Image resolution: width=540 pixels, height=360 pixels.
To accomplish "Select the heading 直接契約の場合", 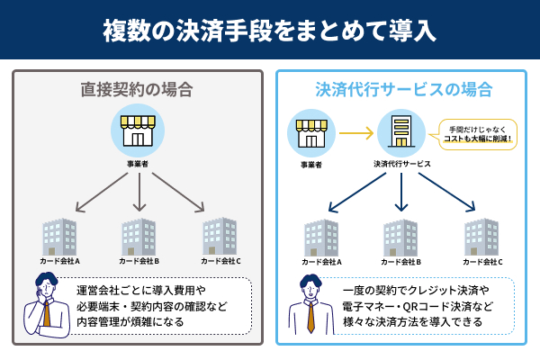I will [x=138, y=90].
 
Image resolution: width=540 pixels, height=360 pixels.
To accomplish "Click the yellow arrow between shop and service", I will [x=356, y=134].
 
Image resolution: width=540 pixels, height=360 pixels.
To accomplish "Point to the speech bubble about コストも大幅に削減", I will [x=477, y=134].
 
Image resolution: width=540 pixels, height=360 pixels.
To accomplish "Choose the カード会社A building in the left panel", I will [x=60, y=237].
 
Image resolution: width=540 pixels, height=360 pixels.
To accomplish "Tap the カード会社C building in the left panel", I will [x=219, y=237].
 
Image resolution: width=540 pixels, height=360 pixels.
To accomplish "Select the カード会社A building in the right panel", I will [x=321, y=237].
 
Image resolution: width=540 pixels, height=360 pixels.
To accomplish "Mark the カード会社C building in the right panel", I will [x=482, y=237].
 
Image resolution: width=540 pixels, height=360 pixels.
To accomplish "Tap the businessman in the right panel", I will [x=310, y=306].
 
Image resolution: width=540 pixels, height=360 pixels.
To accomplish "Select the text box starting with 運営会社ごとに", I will [x=162, y=305].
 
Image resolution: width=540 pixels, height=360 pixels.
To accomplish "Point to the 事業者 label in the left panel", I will [x=138, y=165].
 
